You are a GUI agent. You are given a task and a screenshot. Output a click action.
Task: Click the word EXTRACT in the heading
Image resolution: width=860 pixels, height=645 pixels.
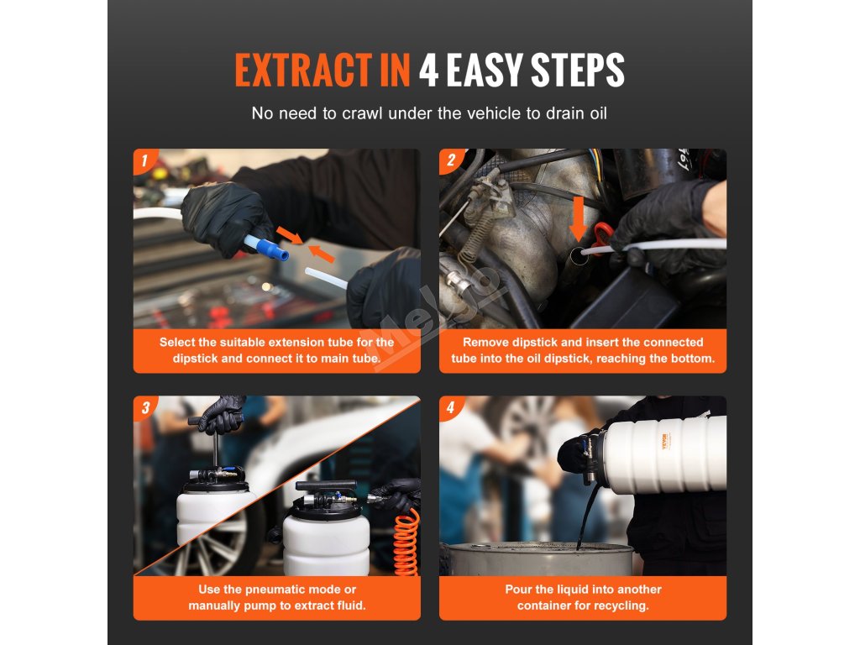(303, 70)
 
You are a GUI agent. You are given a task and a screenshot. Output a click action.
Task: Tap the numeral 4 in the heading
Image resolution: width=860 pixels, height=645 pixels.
(428, 70)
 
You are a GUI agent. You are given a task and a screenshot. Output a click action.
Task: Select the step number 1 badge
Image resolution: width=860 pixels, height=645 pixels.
(144, 160)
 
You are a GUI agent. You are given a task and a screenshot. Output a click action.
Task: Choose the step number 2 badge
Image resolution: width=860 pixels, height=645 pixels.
(451, 160)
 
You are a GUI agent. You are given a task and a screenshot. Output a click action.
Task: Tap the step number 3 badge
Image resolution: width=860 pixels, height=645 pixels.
(144, 407)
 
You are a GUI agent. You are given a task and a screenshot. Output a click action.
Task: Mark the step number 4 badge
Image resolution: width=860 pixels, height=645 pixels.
(451, 407)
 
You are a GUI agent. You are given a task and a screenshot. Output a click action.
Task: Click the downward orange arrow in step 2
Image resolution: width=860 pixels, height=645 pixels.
(578, 219)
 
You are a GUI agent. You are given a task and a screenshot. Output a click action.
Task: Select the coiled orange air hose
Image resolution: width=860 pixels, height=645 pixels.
(407, 543)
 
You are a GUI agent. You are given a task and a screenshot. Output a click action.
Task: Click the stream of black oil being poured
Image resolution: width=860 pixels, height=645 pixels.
(586, 516)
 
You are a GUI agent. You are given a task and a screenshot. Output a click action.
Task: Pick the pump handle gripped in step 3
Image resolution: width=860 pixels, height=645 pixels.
(215, 421)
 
